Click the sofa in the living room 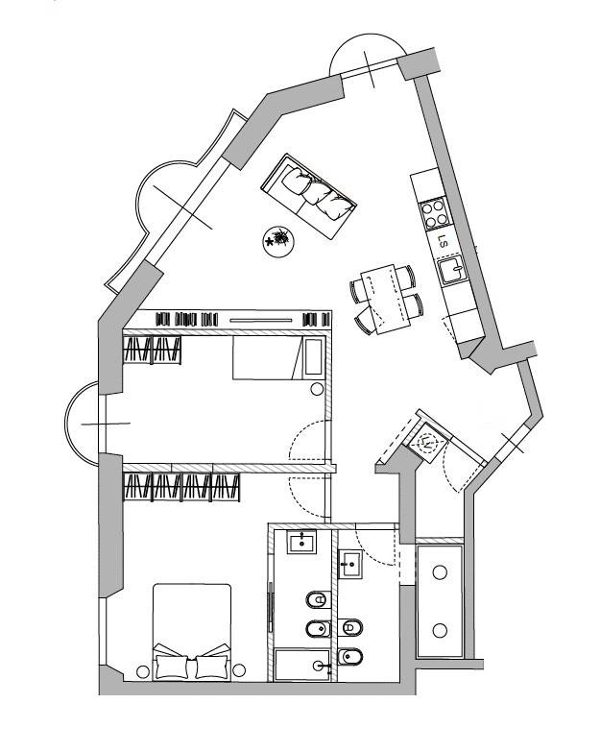(308, 196)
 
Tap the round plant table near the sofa (278, 241)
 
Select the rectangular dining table (386, 300)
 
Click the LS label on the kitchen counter (444, 242)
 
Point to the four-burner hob (435, 213)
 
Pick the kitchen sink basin (451, 270)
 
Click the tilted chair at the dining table (366, 320)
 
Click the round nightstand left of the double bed (143, 671)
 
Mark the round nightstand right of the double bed (239, 670)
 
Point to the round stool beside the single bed (317, 389)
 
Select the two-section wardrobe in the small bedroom (153, 350)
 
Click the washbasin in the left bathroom (301, 543)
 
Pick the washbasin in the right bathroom (350, 565)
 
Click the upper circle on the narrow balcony (440, 572)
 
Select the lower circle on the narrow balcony (440, 630)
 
